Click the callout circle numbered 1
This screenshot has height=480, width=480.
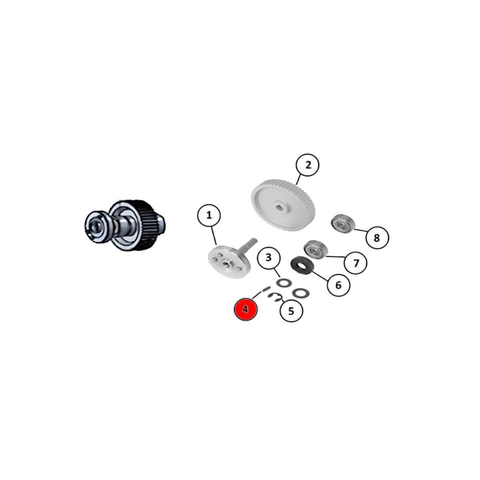tap(209, 215)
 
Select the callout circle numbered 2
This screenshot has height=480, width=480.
tap(308, 165)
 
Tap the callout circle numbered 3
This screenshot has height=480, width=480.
tap(269, 258)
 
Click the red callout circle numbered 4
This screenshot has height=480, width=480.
tap(246, 309)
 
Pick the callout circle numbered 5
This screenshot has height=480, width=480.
tap(291, 311)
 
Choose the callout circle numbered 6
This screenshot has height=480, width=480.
tap(338, 285)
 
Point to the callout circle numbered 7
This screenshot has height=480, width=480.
tap(356, 262)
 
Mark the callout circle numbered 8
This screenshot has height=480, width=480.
tap(377, 238)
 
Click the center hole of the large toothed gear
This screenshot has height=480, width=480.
tap(279, 208)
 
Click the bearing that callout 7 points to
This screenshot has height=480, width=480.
tap(316, 249)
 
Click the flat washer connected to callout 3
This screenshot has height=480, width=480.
tap(283, 282)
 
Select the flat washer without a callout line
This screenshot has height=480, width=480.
tap(301, 293)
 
